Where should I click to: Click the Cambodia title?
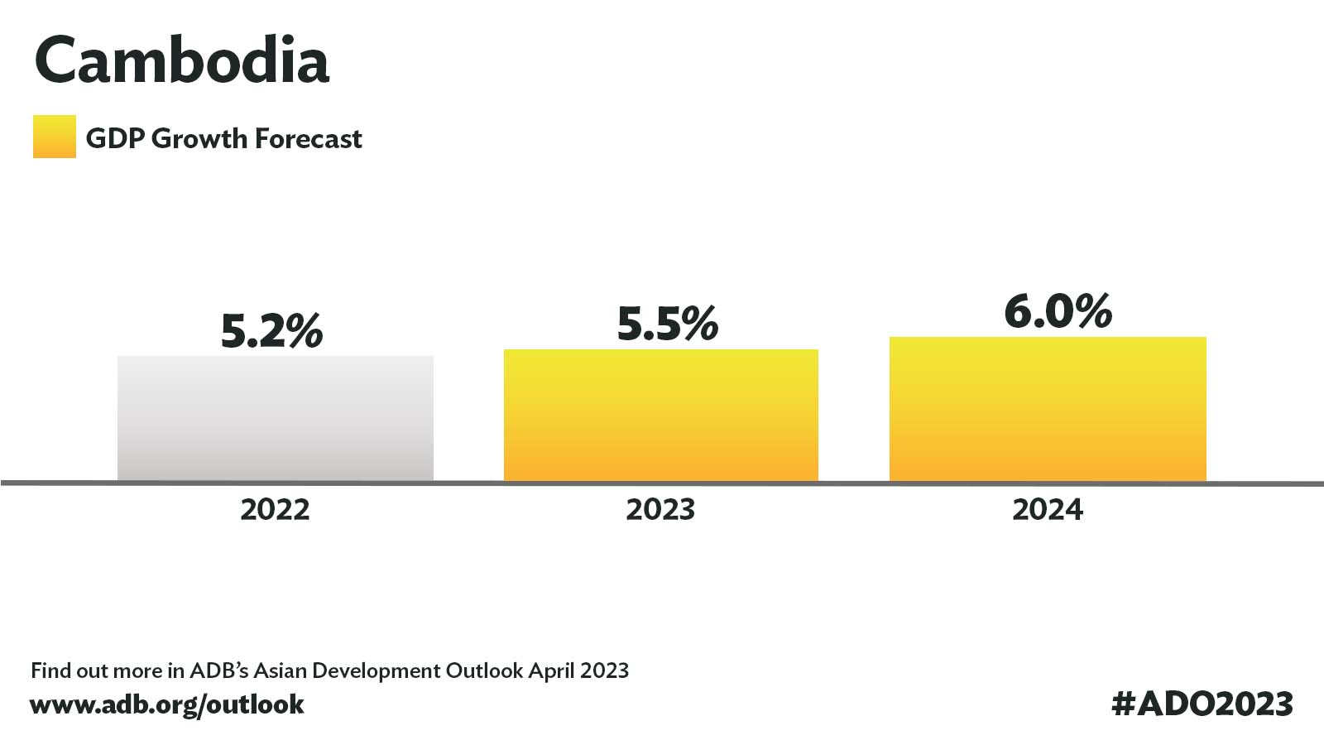click(x=182, y=61)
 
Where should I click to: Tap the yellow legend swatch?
click(x=54, y=137)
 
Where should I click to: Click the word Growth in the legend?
click(x=200, y=139)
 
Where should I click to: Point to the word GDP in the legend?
click(x=114, y=138)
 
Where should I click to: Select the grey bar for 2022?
click(x=275, y=418)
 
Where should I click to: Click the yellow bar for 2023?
click(x=660, y=415)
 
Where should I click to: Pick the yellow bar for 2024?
click(x=1048, y=409)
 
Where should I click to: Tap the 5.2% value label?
click(x=271, y=331)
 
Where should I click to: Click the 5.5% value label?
click(x=667, y=324)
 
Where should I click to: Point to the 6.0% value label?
click(x=1058, y=312)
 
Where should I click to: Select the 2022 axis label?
click(x=275, y=509)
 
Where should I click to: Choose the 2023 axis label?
click(x=660, y=509)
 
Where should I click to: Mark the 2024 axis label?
click(x=1048, y=509)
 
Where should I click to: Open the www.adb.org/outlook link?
click(x=167, y=704)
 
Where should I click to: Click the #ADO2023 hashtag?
click(x=1202, y=704)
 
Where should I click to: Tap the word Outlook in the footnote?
click(x=484, y=670)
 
